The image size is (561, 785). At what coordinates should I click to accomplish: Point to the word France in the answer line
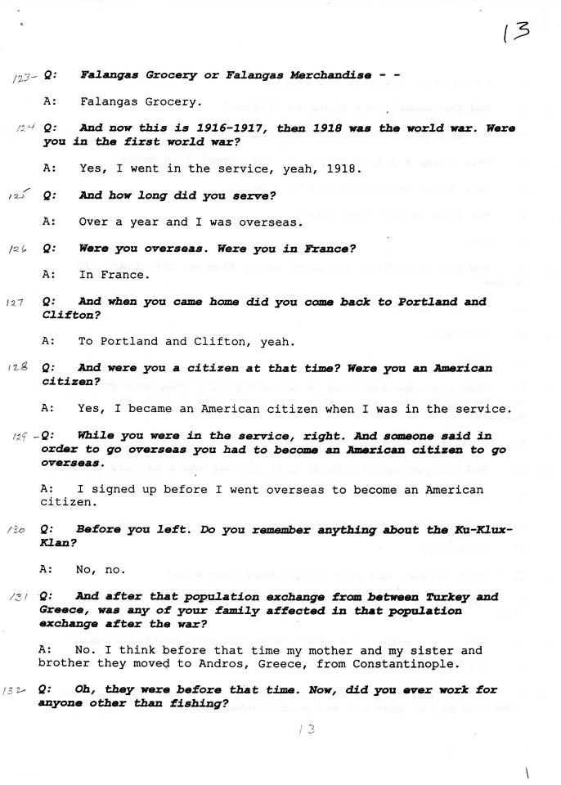(x=127, y=275)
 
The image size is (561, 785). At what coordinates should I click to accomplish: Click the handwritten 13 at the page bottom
(x=307, y=729)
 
